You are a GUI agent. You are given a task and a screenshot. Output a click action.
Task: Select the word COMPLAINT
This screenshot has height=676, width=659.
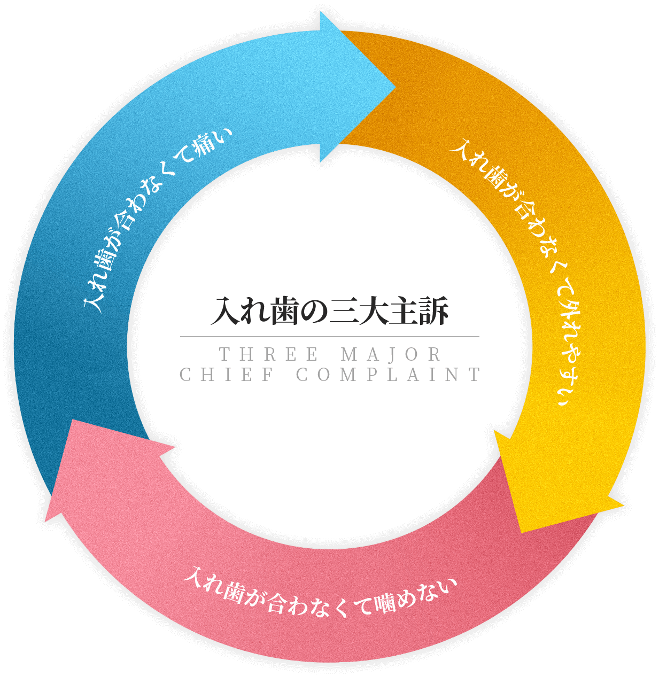[389, 375]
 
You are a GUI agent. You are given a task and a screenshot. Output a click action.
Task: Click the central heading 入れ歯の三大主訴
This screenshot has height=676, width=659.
[330, 312]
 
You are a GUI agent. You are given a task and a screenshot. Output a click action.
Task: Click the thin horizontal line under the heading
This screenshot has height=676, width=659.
[330, 337]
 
